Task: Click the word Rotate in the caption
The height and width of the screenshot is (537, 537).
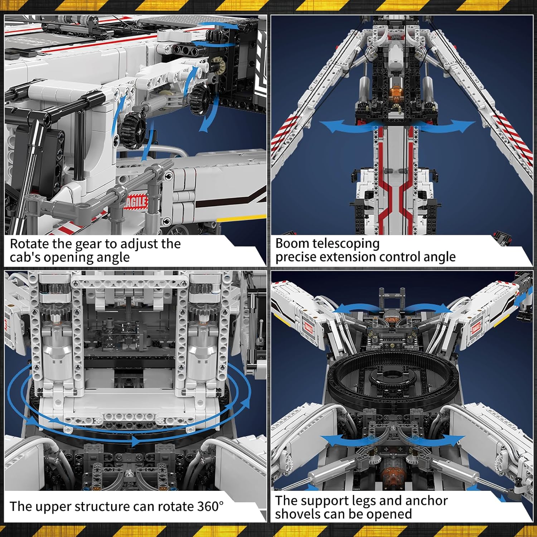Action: coord(29,244)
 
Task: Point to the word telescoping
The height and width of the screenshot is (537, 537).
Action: coord(346,244)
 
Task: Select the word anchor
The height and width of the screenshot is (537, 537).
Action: coord(427,500)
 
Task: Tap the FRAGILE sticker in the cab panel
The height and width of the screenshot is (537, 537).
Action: coord(136,202)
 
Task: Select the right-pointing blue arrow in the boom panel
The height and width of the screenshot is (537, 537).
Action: coord(447,126)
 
